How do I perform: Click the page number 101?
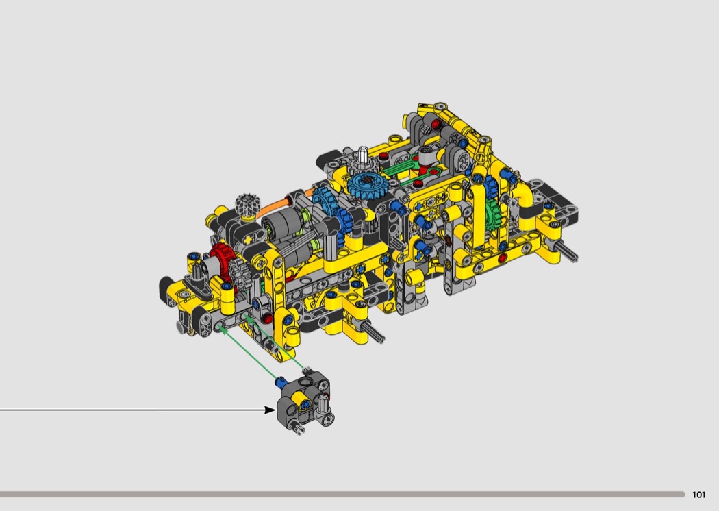tap(698, 495)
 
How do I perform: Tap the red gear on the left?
tap(223, 262)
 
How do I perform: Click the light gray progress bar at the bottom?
tap(342, 494)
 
